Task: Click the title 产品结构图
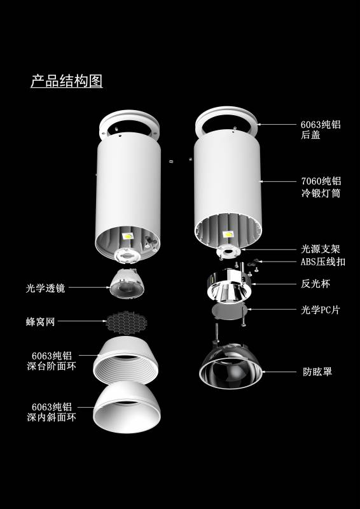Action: click(x=67, y=81)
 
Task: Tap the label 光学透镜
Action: click(x=45, y=288)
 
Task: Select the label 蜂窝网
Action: click(x=41, y=322)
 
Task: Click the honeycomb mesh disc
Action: click(x=127, y=323)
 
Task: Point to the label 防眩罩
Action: click(x=317, y=372)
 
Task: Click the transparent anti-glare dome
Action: click(x=231, y=367)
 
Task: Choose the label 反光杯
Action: click(x=315, y=284)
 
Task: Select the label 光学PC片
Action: click(x=321, y=310)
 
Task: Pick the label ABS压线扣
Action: click(x=323, y=262)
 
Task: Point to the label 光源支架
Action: click(x=321, y=249)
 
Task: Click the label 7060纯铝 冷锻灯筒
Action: click(x=321, y=188)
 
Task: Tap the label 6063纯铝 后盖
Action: click(x=321, y=130)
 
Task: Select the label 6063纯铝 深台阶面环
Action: click(x=52, y=361)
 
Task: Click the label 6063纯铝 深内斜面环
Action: click(x=52, y=412)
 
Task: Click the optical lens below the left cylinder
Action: click(x=127, y=284)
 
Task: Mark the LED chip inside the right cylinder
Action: click(x=228, y=234)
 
